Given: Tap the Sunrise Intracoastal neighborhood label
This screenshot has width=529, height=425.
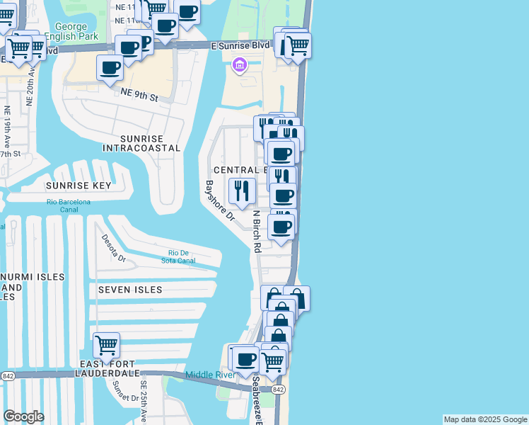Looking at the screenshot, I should (141, 143).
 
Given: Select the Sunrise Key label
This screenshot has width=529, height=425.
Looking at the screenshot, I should (79, 186).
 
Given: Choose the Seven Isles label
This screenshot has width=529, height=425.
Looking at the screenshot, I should (130, 290).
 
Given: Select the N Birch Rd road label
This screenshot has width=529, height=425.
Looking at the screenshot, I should (257, 231).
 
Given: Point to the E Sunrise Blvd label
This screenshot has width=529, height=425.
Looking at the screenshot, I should (240, 45).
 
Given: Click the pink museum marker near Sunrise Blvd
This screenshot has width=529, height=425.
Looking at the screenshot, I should (239, 66).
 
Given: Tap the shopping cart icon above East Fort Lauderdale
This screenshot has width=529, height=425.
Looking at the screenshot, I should (107, 346).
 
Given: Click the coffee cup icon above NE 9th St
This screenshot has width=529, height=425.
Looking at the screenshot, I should (110, 68).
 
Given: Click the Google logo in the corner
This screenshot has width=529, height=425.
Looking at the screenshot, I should (23, 416).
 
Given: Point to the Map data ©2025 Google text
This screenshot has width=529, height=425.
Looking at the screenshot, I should (485, 419).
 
